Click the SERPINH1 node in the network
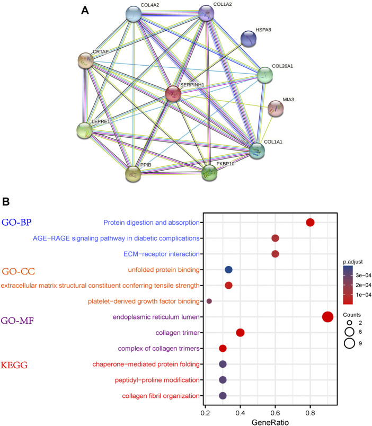coord(173,94)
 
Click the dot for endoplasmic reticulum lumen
coord(327,317)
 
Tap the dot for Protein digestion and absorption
coord(310,223)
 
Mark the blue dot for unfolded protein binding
coord(229,270)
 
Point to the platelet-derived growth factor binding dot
coord(209,301)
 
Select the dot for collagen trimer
coord(240,333)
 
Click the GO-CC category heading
coord(19,272)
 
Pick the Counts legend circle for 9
coord(349,343)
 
